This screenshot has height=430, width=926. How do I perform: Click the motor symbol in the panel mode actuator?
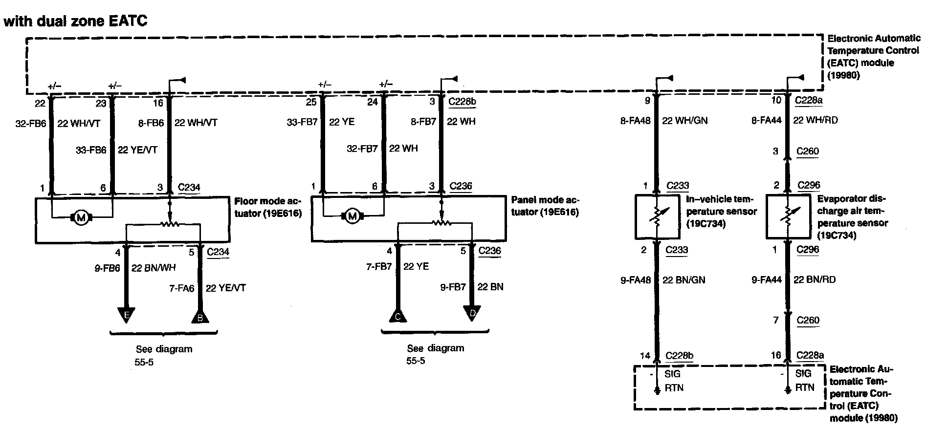[353, 215]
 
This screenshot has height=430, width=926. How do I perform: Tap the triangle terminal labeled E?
[126, 315]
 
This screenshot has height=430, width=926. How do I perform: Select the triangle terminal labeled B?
[199, 316]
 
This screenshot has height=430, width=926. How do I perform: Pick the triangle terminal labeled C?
[398, 316]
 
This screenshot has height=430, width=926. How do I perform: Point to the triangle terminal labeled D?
[472, 313]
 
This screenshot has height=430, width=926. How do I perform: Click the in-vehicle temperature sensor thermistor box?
[657, 217]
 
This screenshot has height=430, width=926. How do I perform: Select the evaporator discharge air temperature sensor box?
[788, 217]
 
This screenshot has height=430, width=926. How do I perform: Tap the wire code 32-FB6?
[31, 123]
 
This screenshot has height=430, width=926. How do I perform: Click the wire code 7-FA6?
[182, 288]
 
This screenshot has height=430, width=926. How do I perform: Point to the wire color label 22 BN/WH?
[154, 268]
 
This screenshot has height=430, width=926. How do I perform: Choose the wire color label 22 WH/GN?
[684, 121]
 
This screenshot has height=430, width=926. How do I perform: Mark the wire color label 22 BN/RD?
[814, 279]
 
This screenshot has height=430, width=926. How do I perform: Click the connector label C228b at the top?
[462, 102]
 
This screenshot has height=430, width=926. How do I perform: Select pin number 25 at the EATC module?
[311, 102]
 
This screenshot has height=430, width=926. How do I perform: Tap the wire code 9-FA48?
[635, 280]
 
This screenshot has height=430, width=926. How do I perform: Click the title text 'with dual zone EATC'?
[75, 21]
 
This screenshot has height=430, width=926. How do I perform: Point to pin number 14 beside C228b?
[645, 355]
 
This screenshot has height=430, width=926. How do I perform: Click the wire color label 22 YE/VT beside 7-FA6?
[225, 288]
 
